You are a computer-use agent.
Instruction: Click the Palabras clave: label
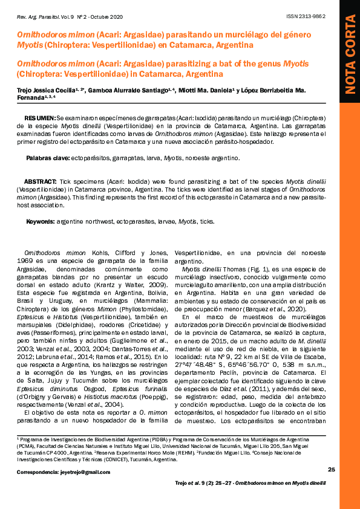click(48, 158)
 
